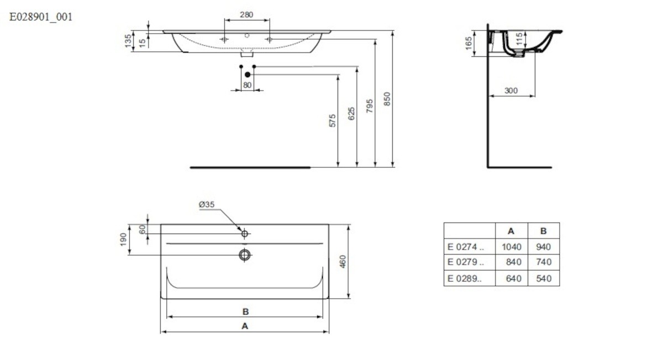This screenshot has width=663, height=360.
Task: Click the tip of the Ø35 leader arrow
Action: click(242, 231)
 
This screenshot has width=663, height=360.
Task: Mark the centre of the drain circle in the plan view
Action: click(245, 255)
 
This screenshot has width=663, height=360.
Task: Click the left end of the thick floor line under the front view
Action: click(190, 167)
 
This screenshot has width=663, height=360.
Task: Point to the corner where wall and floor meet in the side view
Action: click(488, 167)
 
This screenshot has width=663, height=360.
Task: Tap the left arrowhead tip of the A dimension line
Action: click(161, 332)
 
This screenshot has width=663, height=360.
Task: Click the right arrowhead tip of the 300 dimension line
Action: click(535, 96)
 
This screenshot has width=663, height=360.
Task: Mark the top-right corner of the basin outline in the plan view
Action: click(329, 224)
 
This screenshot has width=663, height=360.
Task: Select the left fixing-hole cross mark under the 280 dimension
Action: click(224, 39)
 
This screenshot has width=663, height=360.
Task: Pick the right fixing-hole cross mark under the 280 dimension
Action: click(270, 39)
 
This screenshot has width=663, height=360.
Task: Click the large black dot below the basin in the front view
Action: click(248, 75)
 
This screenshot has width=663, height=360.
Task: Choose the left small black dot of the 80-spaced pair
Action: click(241, 67)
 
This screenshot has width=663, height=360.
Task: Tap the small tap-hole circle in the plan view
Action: click(245, 234)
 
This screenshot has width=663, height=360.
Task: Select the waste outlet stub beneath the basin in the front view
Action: click(247, 55)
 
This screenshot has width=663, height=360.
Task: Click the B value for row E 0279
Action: click(544, 262)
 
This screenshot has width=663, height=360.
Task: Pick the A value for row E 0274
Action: click(512, 247)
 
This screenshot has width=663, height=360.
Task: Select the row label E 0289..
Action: click(465, 278)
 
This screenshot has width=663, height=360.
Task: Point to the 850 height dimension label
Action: click(387, 99)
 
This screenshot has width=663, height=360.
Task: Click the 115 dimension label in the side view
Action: click(519, 39)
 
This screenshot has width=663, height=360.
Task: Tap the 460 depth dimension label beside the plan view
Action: click(343, 262)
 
